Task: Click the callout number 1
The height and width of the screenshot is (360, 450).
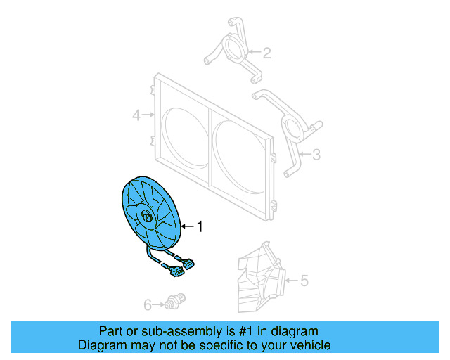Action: [x=200, y=226]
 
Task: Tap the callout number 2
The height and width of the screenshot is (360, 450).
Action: [x=266, y=52]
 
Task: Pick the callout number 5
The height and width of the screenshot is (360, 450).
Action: [x=304, y=281]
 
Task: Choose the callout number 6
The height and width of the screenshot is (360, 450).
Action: [x=148, y=304]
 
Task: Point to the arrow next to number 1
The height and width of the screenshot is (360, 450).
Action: [x=187, y=226]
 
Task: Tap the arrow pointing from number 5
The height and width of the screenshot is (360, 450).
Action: [x=290, y=281]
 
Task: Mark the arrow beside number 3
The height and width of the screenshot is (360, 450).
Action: [x=303, y=153]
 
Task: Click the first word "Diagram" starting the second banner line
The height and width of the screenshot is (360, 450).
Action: [x=101, y=345]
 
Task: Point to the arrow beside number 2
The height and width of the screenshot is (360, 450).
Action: [x=254, y=52]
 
